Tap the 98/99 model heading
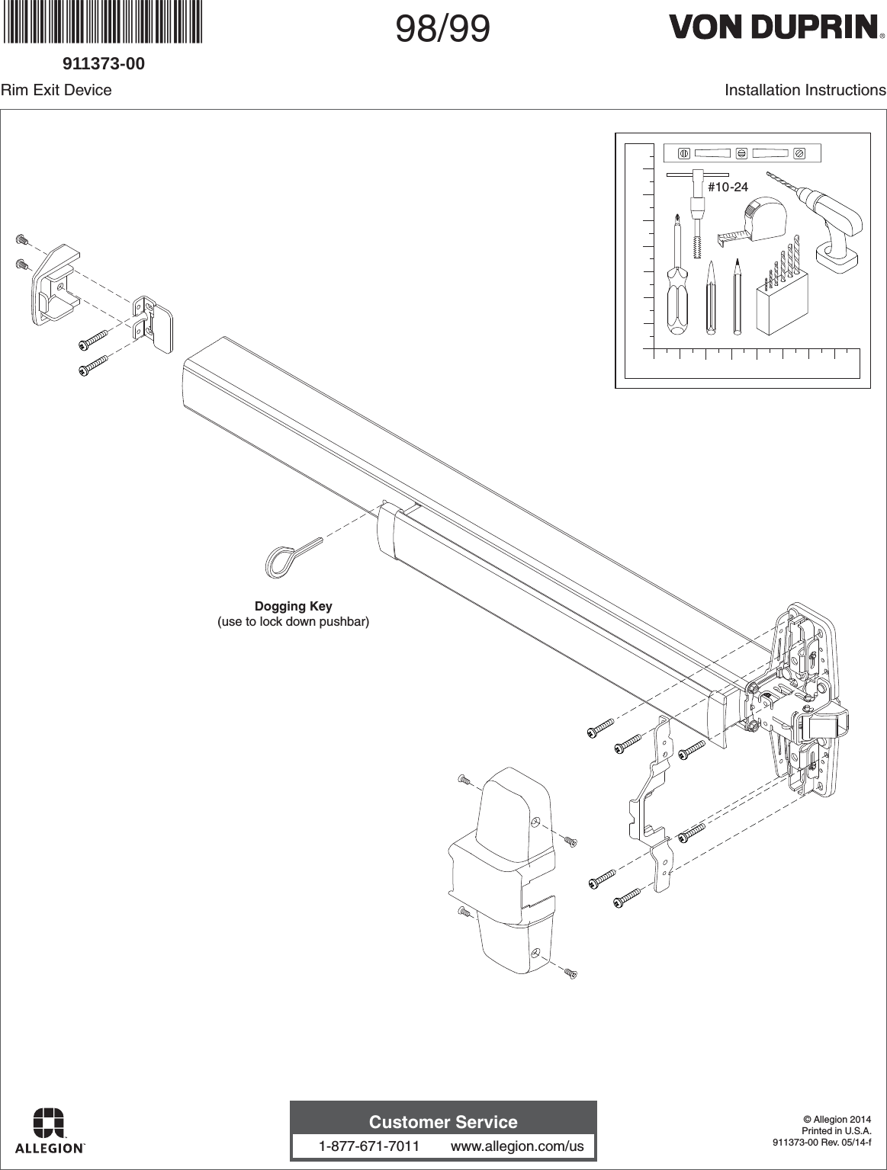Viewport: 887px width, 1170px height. click(442, 30)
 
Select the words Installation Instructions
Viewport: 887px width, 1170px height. click(805, 90)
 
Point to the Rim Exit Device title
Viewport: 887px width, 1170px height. click(56, 90)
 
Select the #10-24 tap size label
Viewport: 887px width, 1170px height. click(728, 187)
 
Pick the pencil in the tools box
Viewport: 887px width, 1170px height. click(738, 297)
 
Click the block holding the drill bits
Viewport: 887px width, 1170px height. click(779, 309)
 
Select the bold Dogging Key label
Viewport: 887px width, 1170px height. click(293, 607)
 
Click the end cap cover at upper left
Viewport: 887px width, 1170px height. click(53, 286)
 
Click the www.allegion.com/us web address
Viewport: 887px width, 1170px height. click(517, 1146)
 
